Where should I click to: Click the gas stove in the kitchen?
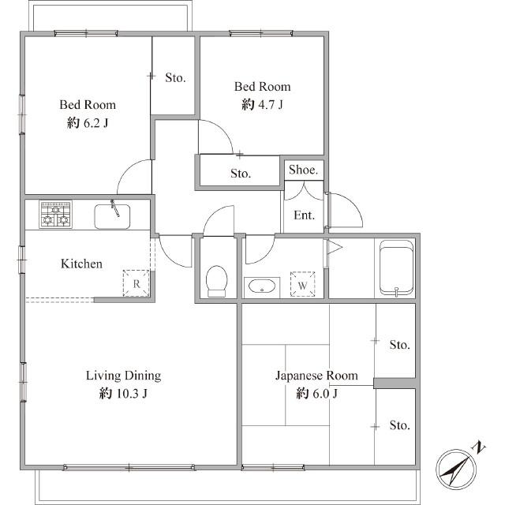click(55, 214)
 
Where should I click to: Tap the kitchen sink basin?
click(112, 216)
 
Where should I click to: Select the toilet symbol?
click(216, 281)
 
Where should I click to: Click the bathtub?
click(396, 267)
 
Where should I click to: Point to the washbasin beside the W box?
click(262, 286)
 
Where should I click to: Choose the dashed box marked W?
click(302, 284)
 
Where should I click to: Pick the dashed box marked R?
click(137, 283)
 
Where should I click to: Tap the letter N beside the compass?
click(479, 447)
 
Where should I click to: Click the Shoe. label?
click(303, 170)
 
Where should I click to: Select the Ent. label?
click(304, 215)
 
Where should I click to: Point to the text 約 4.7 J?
click(262, 104)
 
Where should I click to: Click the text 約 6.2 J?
click(88, 123)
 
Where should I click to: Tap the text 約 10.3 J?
click(123, 393)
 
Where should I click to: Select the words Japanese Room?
click(316, 376)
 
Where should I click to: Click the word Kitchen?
click(81, 264)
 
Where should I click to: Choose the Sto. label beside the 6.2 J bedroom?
click(175, 77)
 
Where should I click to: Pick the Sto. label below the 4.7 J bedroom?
click(241, 174)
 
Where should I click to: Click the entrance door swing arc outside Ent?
click(353, 204)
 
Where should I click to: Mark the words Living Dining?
click(123, 376)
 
